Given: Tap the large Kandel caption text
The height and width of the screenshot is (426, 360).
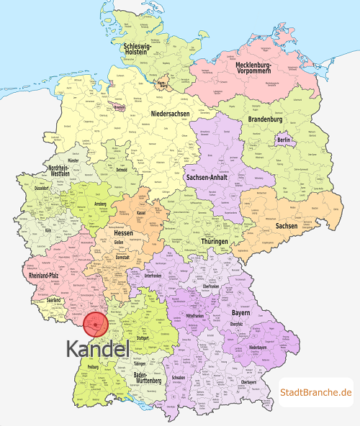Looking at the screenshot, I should (98, 349).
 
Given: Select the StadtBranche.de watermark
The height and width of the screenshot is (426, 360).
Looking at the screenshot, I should (316, 392).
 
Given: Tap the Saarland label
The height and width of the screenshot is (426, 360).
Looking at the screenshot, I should (53, 299).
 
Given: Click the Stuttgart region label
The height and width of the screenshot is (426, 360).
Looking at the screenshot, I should (142, 337).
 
